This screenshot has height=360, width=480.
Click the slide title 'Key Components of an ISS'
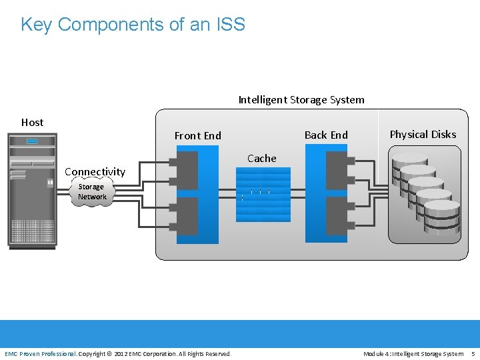coord(133,25)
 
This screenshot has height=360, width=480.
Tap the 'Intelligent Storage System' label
coord(301,100)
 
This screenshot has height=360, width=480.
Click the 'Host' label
coord(32,123)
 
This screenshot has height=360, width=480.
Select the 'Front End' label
coord(197,136)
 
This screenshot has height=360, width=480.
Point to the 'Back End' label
coord(326,135)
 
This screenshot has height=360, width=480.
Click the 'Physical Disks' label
coord(423,135)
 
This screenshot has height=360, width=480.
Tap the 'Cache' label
coord(261,159)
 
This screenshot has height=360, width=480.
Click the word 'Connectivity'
coord(95,172)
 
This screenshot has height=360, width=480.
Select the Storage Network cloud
coord(92,192)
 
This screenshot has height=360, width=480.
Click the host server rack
coord(32,191)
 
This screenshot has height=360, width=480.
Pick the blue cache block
coord(263,194)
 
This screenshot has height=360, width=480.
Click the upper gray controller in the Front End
coord(187,170)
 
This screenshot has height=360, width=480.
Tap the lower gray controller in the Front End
coord(187,216)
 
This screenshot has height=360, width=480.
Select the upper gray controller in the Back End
coord(337,170)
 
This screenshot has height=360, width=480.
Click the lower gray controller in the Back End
coord(337,216)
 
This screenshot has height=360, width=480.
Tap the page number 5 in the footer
coord(473,353)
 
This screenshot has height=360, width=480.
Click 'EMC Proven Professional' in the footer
coord(40,353)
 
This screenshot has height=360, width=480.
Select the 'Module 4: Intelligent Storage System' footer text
coord(413,353)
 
